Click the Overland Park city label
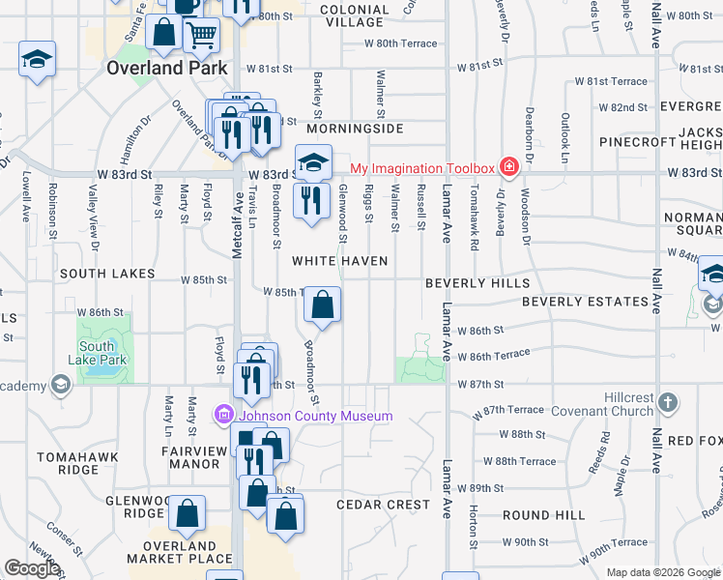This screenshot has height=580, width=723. (167, 68)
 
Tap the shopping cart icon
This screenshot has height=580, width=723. (201, 36)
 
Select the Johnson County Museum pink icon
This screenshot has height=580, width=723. (224, 416)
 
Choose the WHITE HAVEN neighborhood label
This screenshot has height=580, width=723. (340, 261)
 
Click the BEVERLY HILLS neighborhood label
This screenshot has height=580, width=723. (477, 283)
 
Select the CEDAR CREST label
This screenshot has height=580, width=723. (383, 505)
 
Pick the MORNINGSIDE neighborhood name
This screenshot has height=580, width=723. (355, 129)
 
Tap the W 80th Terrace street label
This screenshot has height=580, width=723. (400, 43)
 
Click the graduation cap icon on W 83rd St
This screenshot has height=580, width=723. (313, 161)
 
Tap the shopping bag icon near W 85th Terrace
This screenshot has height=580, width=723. (322, 305)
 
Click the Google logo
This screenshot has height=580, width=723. (33, 569)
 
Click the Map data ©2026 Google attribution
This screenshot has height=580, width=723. (663, 572)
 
